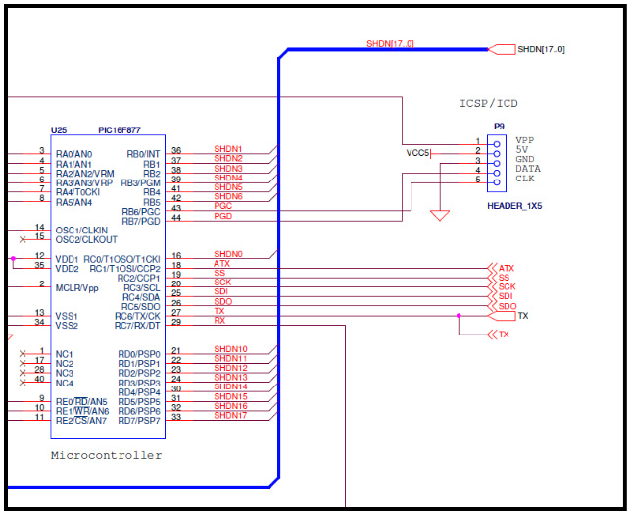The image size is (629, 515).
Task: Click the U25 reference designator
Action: tap(59, 130)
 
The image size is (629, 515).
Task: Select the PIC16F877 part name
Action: tap(120, 130)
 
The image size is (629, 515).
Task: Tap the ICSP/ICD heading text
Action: tap(489, 104)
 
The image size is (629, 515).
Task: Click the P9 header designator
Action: tap(499, 127)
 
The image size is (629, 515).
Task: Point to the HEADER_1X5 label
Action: tap(514, 206)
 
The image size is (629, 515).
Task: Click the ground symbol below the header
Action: tap(440, 216)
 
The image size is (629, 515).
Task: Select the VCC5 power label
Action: tap(417, 153)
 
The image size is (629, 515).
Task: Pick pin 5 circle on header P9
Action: tap(497, 182)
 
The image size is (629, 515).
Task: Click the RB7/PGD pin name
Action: tap(141, 222)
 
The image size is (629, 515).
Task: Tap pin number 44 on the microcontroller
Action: tap(176, 218)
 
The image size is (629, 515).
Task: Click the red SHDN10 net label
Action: tap(230, 348)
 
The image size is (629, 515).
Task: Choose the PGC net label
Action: tap(223, 206)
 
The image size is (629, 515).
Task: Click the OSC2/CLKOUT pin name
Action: tap(86, 239)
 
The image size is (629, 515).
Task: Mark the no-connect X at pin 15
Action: tap(23, 239)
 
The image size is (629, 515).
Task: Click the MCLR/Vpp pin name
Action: tap(76, 287)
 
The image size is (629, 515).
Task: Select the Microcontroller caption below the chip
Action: tap(107, 455)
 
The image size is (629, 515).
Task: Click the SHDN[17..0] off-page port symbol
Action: tap(502, 49)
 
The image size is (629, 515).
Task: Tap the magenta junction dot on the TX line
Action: tap(459, 316)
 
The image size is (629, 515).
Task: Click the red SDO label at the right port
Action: tap(508, 306)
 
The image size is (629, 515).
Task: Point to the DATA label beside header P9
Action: tap(528, 169)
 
